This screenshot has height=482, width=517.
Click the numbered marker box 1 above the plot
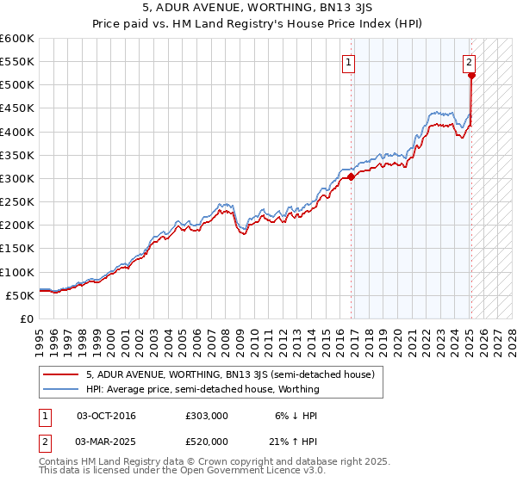(349, 61)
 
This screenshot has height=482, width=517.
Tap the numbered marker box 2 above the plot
(469, 61)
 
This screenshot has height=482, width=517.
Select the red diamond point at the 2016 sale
(352, 177)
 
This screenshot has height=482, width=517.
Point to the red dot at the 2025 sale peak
(471, 76)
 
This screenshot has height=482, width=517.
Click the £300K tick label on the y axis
(16, 178)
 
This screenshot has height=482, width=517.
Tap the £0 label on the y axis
(27, 318)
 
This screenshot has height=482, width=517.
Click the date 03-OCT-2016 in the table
(106, 416)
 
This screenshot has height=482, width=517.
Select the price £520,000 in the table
(207, 441)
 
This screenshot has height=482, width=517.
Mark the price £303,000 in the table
(207, 416)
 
